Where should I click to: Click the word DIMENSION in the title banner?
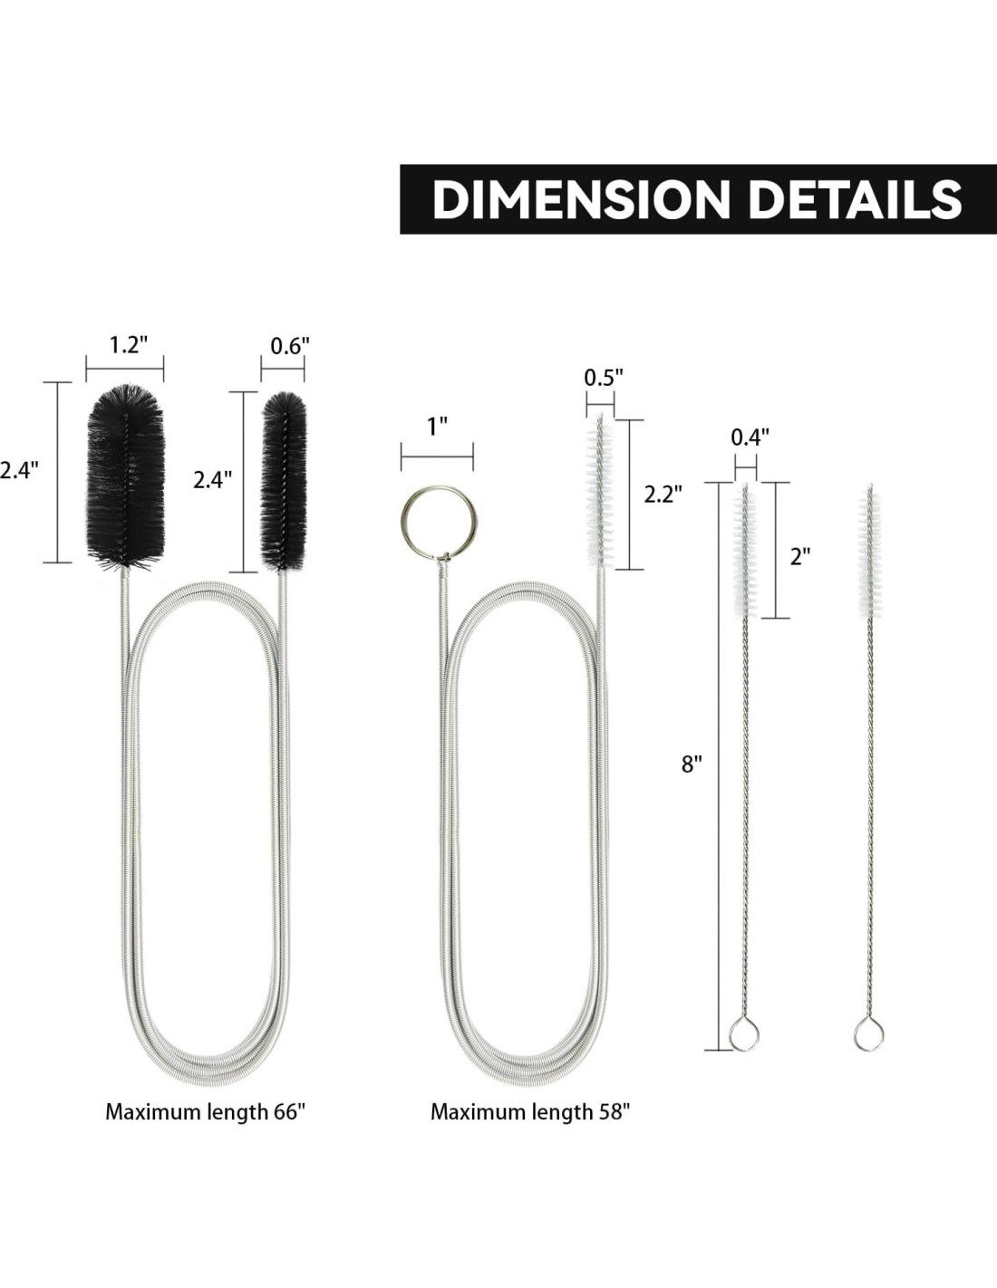581,199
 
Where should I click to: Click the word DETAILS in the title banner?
854,199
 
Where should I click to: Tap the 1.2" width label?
128,344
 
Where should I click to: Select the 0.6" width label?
290,346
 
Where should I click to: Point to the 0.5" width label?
604,377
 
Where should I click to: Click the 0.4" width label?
750,437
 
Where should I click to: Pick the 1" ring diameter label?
437,427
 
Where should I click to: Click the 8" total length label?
692,764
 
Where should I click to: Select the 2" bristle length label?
800,556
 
